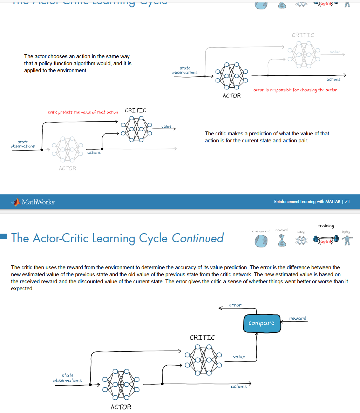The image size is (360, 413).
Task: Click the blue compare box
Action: click(262, 323)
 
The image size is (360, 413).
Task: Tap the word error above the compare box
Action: click(235, 305)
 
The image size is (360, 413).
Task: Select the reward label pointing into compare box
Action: click(298, 318)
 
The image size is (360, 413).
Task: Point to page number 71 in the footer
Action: click(347, 202)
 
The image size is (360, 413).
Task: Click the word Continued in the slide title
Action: click(198, 238)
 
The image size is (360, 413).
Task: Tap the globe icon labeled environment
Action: click(261, 241)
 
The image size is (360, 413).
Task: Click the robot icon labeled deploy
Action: click(347, 241)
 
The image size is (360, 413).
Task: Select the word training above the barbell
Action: click(326, 226)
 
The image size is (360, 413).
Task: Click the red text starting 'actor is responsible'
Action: click(295, 90)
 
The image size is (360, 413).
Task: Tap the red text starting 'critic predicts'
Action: click(83, 112)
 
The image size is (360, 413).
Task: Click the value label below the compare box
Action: click(239, 357)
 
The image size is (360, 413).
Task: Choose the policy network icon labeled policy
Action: click(300, 241)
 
